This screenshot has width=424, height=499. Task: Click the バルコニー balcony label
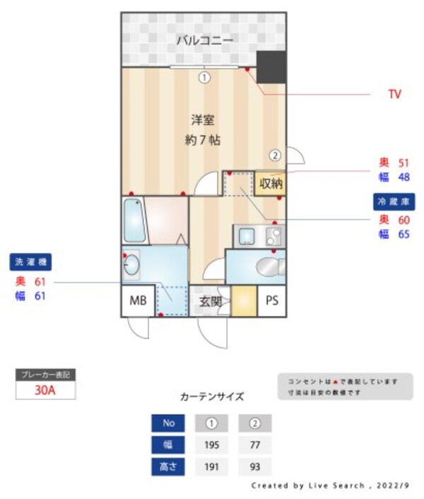[204, 40]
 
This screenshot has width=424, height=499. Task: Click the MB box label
[138, 301]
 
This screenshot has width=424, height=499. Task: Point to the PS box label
[272, 301]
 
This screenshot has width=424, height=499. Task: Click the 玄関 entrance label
[210, 302]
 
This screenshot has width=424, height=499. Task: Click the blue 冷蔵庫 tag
[393, 201]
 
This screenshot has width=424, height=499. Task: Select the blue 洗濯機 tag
[31, 263]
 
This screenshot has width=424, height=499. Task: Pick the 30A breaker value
[45, 389]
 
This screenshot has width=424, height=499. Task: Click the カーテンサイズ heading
[212, 397]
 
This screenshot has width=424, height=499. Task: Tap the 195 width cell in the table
[211, 445]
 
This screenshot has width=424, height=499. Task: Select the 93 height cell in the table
[255, 467]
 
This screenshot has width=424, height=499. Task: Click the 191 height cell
[211, 467]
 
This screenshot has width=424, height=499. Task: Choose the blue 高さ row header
[168, 467]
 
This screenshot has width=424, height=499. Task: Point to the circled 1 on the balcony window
[204, 78]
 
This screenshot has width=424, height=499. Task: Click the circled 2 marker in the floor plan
[275, 155]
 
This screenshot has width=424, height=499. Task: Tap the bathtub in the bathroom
[134, 221]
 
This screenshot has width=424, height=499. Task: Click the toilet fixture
[269, 267]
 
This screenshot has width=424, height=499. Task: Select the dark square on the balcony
[271, 67]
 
